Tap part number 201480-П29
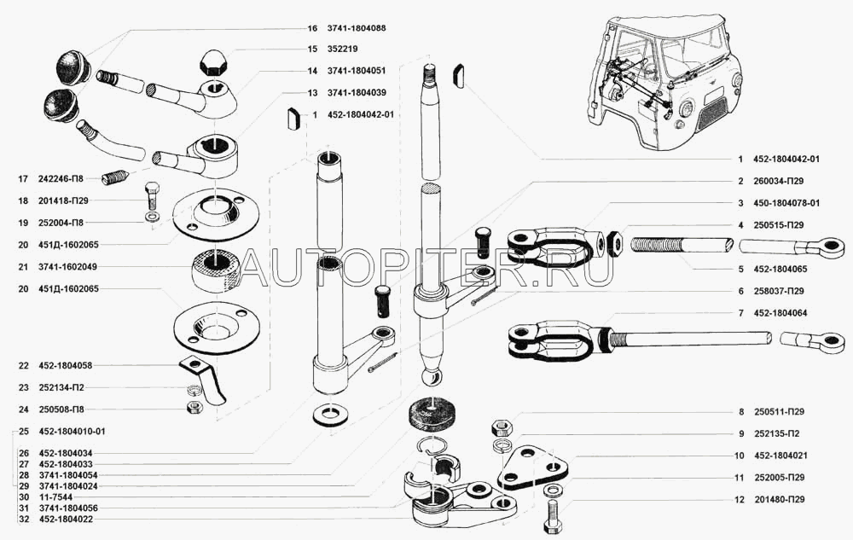click(x=780, y=499)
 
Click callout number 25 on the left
click(x=22, y=431)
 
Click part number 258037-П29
click(x=780, y=291)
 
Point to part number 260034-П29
click(x=780, y=182)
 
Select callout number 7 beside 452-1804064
click(x=741, y=313)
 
